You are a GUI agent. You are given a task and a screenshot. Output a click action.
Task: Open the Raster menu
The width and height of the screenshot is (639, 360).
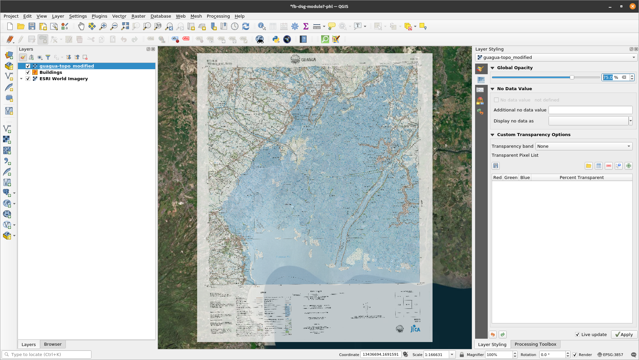point(138,16)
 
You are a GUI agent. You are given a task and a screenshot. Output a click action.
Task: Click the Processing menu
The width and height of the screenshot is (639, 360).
point(218,16)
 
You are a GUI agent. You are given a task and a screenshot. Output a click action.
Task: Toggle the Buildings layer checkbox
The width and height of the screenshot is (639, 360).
point(28,72)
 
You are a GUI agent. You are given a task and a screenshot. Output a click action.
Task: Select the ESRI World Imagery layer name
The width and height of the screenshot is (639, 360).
point(64,79)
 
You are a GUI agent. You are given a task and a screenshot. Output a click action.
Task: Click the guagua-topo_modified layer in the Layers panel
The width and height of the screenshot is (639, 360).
point(66,66)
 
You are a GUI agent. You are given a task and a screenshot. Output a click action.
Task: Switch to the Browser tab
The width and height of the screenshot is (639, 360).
point(53,344)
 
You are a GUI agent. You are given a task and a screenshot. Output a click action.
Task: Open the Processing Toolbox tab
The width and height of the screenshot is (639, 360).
point(535,344)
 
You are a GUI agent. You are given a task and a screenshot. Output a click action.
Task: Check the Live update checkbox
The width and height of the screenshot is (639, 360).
point(577,334)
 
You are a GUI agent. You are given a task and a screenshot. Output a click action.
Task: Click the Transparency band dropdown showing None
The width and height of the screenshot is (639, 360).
point(583,146)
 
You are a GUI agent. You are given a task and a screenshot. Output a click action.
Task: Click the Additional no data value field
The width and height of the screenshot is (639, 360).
point(590,110)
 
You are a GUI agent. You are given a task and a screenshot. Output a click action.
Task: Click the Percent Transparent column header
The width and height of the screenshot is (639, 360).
point(581,177)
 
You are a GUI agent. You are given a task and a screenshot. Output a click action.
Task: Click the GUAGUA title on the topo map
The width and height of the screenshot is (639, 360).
point(308,60)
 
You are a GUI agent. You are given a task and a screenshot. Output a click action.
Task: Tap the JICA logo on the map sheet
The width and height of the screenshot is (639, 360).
point(415,329)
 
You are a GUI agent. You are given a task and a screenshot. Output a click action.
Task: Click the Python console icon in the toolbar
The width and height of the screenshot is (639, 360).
point(276,39)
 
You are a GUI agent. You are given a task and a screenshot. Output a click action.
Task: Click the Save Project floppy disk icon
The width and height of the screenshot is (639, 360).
point(32,26)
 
